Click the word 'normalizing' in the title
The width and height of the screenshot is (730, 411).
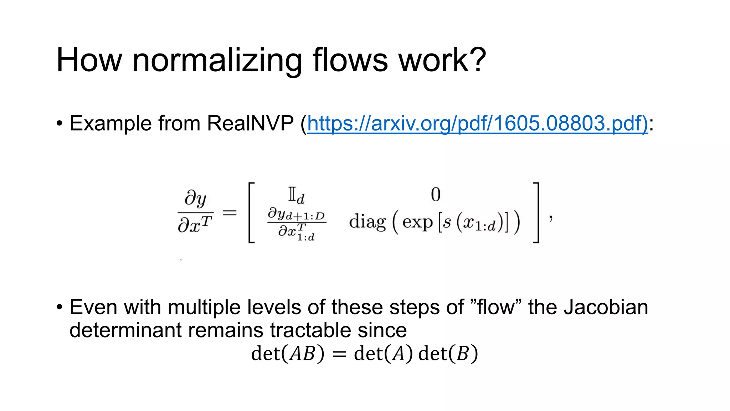pos(217,61)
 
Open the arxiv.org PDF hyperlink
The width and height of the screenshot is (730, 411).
pos(478,123)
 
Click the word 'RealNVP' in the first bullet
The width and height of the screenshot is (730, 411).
pos(250,123)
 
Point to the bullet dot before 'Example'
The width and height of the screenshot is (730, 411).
pos(60,124)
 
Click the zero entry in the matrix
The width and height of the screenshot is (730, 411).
pos(436,195)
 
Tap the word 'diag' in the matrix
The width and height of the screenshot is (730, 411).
pos(367,222)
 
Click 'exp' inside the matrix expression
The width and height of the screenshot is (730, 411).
pos(417,222)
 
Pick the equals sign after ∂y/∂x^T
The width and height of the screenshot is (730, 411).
pos(230,213)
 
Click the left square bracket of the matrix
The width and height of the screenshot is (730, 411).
pos(251,213)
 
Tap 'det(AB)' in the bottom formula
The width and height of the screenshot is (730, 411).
pos(288,354)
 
